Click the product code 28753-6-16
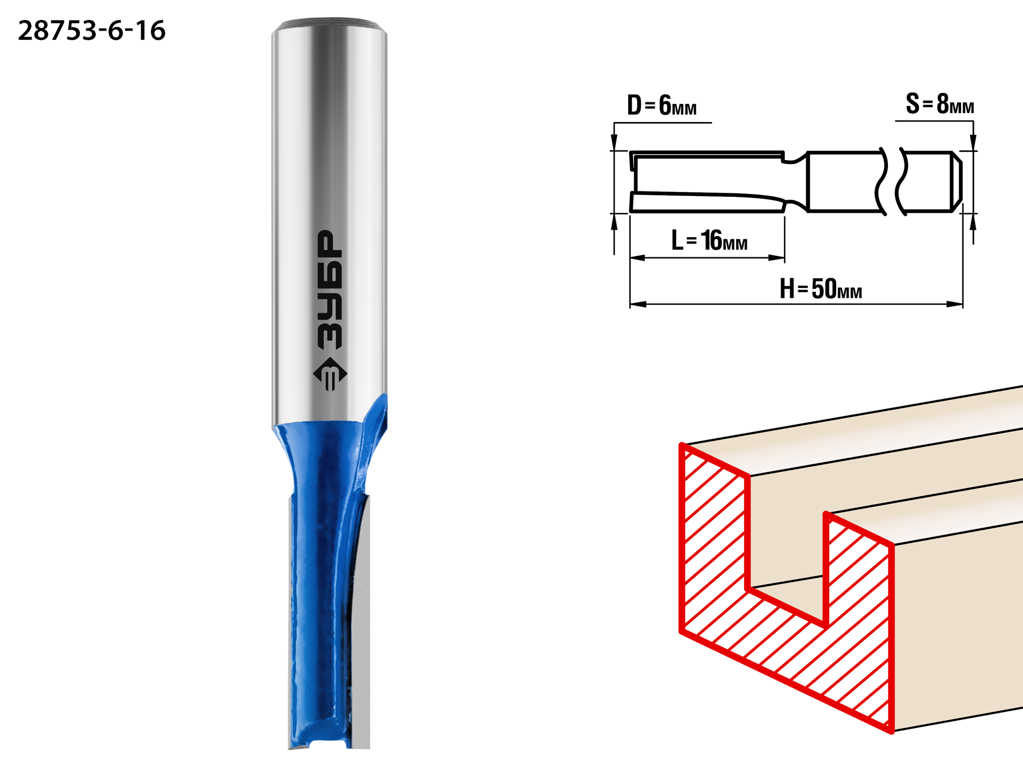[x=92, y=30]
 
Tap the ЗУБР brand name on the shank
[x=329, y=290]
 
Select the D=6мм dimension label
[x=662, y=105]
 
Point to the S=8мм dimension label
[x=940, y=104]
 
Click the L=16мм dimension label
[x=709, y=240]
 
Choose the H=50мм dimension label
[x=821, y=289]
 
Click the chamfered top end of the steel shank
[x=329, y=26]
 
